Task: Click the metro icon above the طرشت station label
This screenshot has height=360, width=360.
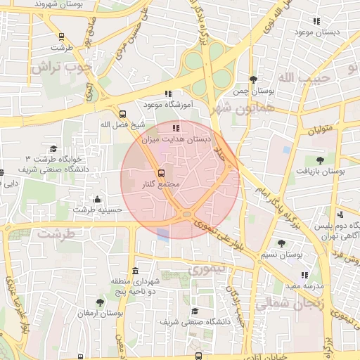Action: click(x=61, y=37)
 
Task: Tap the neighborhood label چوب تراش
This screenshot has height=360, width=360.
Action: click(x=61, y=68)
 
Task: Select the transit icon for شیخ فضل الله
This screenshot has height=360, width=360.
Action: click(x=123, y=114)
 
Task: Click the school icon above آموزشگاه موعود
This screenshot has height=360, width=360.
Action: click(x=167, y=94)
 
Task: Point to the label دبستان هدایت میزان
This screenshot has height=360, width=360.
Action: click(x=176, y=140)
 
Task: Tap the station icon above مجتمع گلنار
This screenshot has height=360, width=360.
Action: click(x=161, y=172)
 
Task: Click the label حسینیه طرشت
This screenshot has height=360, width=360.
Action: click(x=98, y=209)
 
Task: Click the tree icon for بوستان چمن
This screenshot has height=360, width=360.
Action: click(x=253, y=80)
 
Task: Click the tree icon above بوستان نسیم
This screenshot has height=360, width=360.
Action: click(x=281, y=243)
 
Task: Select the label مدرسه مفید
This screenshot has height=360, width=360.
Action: click(x=304, y=286)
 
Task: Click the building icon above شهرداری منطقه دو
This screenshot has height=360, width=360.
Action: click(x=134, y=271)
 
